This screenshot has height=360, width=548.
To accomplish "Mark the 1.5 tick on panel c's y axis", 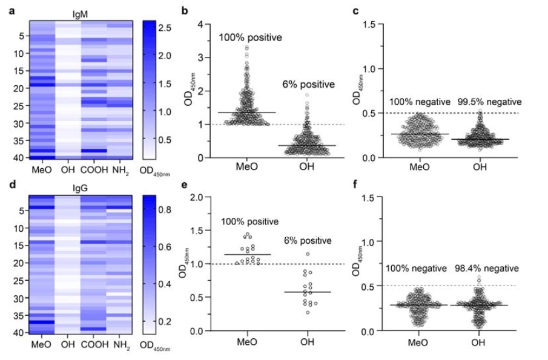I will click(x=370, y=24).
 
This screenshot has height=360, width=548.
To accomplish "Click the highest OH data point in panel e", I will click(x=308, y=254).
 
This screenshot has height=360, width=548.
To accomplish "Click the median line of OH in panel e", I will click(x=307, y=292).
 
